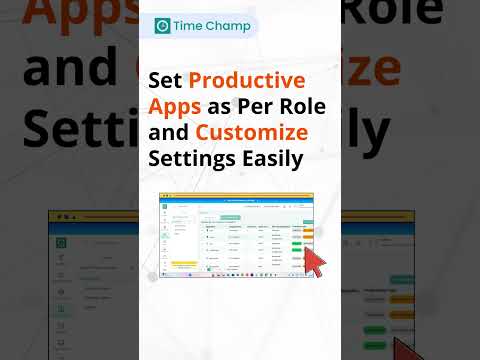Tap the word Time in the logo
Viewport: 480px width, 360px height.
[x=192, y=26]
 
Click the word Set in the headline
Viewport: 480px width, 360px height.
[x=166, y=80]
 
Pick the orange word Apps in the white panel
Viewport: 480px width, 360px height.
[x=175, y=106]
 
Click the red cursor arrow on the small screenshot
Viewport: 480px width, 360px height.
[x=314, y=263]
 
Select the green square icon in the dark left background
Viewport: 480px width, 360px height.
[x=61, y=242]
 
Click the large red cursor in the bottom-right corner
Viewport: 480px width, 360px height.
[x=411, y=348]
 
